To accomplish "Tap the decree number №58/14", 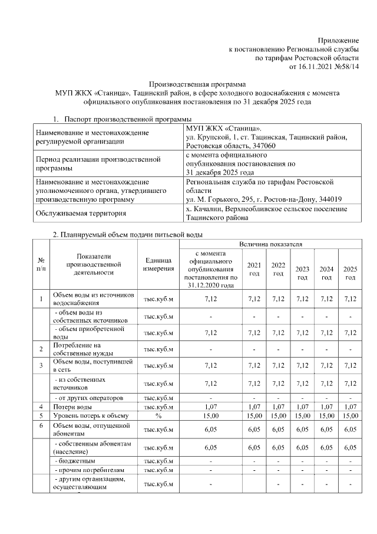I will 345,67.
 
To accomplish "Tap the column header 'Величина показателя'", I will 270,243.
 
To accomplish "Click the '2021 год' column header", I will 254,269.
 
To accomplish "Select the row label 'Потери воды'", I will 72,407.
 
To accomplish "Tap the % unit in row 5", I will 158,415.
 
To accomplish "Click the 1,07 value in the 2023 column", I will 302,407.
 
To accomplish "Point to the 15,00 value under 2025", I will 350,415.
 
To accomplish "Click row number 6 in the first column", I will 41,425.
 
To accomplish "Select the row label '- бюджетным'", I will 75,460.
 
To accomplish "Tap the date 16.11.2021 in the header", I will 310,67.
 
